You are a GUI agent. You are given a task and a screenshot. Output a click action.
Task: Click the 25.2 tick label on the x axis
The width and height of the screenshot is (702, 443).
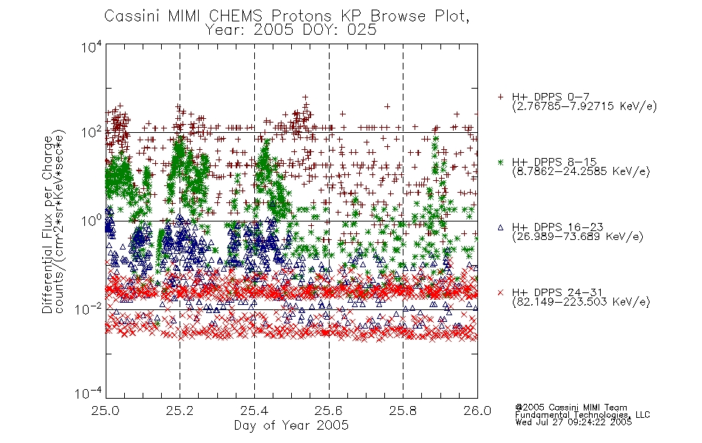180,411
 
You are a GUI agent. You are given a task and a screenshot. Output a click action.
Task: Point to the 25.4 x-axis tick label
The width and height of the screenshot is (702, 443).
254,411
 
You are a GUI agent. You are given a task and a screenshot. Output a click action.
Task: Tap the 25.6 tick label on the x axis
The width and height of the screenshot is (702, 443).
329,411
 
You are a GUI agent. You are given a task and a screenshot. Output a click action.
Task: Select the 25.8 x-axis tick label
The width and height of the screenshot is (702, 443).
403,411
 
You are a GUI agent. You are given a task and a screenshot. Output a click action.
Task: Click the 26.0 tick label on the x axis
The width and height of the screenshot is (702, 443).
477,411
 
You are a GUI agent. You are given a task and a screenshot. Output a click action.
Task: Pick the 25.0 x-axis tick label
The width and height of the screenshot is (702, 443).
106,411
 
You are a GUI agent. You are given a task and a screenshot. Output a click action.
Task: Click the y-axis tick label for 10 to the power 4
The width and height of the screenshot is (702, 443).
92,47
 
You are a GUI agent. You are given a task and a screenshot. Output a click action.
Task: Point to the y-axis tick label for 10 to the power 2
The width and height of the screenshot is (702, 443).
92,133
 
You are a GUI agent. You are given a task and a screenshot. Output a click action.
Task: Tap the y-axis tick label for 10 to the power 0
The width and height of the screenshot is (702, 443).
92,221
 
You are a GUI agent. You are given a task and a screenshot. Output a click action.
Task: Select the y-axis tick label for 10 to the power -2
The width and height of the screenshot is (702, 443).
89,309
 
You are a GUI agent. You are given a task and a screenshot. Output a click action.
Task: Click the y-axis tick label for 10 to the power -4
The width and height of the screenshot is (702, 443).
89,394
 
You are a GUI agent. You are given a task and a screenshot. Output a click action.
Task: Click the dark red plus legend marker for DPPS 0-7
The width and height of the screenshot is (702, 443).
500,97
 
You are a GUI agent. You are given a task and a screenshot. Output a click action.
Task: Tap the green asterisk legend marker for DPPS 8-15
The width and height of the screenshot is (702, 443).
500,162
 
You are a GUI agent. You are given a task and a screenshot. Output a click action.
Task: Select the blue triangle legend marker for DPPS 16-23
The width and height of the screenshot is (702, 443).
500,227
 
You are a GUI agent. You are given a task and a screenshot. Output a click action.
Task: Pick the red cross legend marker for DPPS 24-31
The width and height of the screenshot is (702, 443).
500,292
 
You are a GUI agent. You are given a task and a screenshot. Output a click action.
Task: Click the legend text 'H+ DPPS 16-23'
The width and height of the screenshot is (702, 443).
557,227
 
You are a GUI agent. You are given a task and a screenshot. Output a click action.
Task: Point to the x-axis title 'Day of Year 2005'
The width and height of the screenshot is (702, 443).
291,425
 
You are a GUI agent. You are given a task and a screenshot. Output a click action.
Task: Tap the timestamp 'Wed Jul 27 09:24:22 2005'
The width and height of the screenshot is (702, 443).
573,422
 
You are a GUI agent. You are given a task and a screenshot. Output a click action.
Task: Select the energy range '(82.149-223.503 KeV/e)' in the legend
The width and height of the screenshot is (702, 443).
581,301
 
